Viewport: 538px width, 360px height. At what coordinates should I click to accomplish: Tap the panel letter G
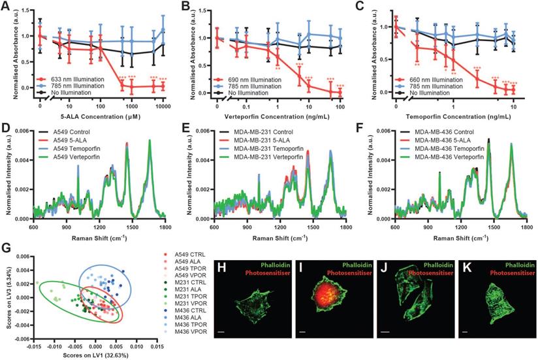(x=5, y=248)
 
